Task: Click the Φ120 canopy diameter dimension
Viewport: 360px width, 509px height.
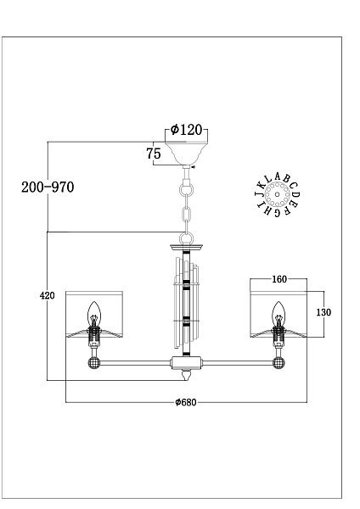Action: (186, 130)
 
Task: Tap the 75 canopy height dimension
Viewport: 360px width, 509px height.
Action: (154, 154)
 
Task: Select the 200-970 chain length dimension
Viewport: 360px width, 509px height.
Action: (48, 187)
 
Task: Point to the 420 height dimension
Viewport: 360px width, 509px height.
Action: (47, 295)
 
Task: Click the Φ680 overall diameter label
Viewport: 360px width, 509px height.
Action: (186, 402)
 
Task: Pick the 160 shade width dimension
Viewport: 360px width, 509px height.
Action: (279, 279)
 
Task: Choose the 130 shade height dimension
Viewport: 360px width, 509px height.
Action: (323, 312)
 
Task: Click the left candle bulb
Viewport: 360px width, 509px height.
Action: (94, 313)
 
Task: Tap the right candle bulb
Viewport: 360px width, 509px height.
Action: (278, 313)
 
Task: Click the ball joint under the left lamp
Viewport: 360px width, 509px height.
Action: (94, 362)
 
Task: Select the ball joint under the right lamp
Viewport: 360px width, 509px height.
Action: (278, 362)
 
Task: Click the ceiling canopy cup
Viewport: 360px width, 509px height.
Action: (186, 154)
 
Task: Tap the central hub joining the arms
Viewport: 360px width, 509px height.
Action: (187, 362)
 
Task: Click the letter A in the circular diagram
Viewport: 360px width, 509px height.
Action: (277, 176)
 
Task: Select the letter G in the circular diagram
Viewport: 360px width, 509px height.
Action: (277, 213)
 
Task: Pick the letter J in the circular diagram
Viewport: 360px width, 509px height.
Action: (258, 195)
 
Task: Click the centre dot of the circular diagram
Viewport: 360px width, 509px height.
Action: (277, 195)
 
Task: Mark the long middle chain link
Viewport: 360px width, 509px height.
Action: (186, 215)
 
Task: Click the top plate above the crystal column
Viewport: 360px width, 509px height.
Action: (186, 248)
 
